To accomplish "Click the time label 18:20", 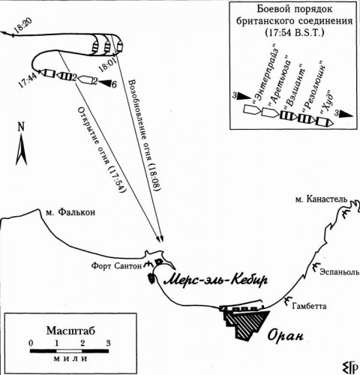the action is click(22, 26).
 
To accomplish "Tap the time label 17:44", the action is click(27, 79).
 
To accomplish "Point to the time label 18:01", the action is click(107, 64).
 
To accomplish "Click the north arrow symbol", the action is click(21, 145).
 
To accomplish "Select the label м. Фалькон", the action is click(70, 212).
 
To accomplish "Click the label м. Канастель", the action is click(321, 199).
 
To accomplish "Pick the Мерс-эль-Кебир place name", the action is click(215, 280).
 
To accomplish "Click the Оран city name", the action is click(286, 335).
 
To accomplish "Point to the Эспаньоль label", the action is click(340, 271).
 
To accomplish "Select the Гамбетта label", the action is click(309, 306).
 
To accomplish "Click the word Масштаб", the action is click(70, 331).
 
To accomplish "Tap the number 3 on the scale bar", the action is click(108, 343).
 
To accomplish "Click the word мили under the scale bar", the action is click(70, 358).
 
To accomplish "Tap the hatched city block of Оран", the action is click(246, 324).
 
